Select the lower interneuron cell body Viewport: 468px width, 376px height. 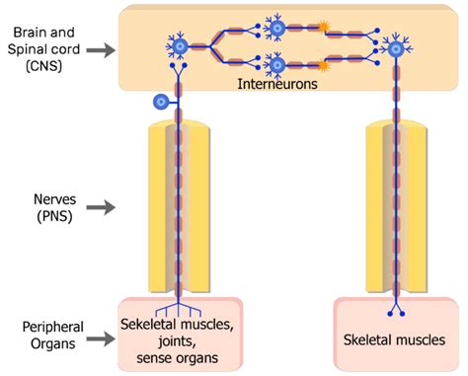click(276, 65)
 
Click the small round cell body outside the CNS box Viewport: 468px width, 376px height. click(160, 101)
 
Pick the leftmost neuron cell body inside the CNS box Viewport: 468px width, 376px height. click(180, 45)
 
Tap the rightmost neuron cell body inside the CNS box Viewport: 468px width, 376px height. click(397, 46)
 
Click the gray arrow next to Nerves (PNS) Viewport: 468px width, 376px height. click(101, 207)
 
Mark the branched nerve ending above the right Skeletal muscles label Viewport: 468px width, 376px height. click(397, 313)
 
